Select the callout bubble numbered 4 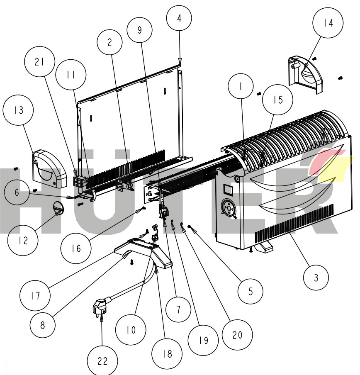[x=179, y=18]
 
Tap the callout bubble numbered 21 [x=39, y=62]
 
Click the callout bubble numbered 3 [x=316, y=278]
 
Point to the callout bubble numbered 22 [x=102, y=361]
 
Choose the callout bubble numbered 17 [x=35, y=296]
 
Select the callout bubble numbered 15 [x=278, y=100]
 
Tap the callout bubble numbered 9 [x=139, y=30]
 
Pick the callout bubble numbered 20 [x=237, y=335]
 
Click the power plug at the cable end [x=98, y=309]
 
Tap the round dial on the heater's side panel [x=229, y=207]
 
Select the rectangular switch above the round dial [x=228, y=190]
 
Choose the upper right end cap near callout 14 [x=306, y=73]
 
